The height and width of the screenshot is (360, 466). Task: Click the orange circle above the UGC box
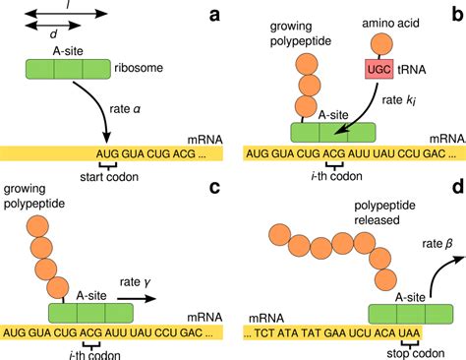click(379, 47)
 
